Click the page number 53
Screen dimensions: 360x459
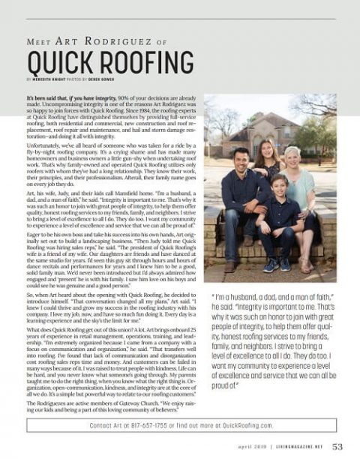point(337,446)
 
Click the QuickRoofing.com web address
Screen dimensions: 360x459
point(244,424)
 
